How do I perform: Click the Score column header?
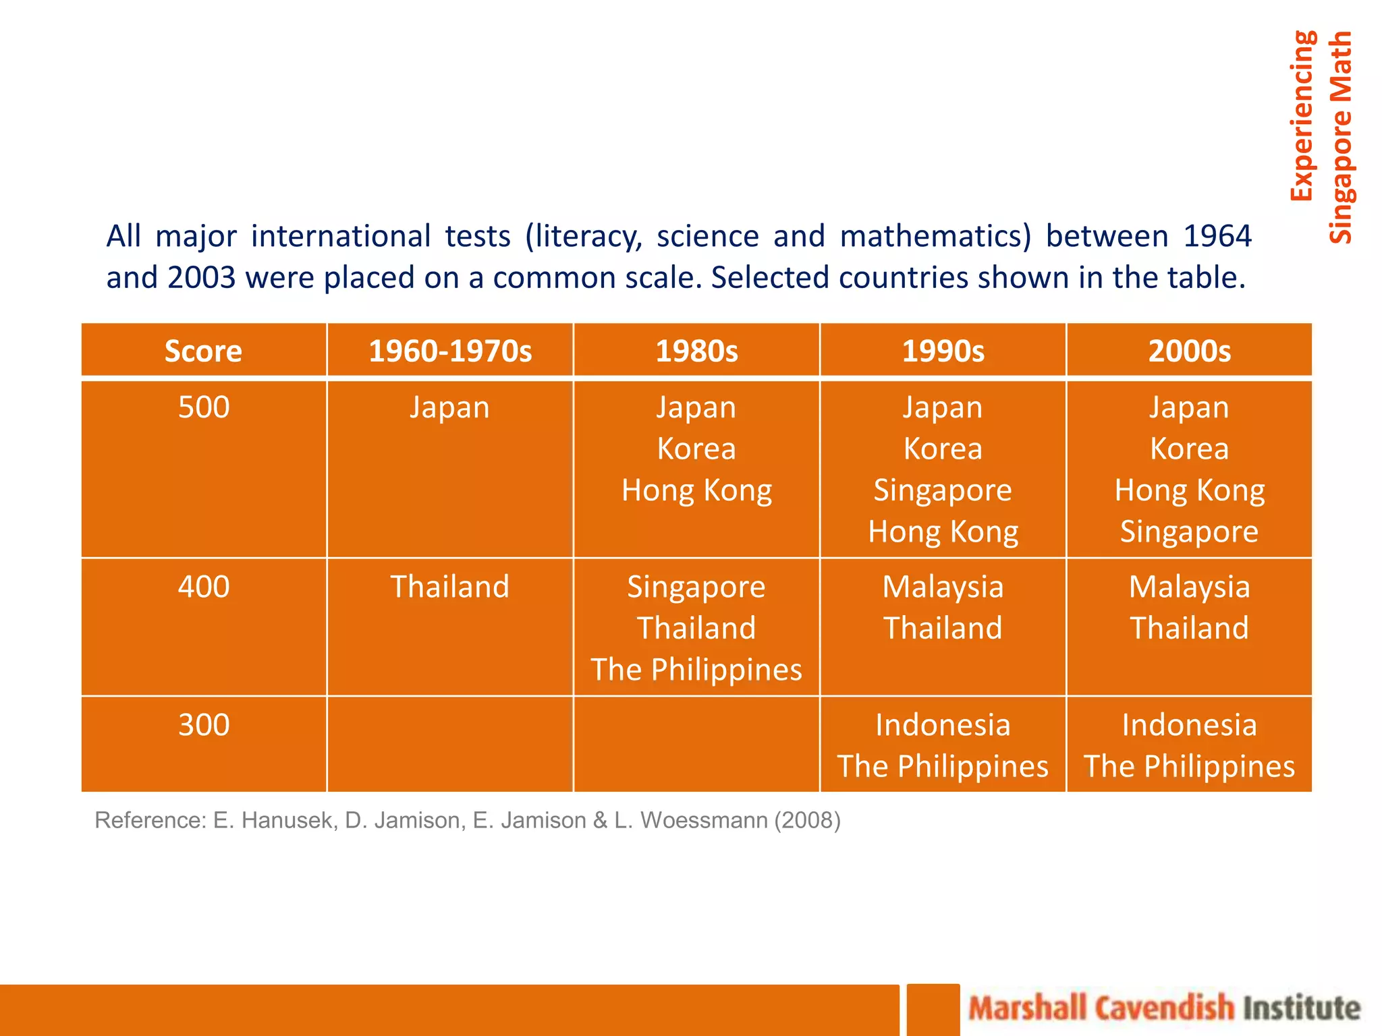(203, 351)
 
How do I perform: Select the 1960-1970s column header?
(450, 351)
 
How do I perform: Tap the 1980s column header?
(696, 351)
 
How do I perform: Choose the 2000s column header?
(1189, 351)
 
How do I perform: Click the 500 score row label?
(204, 407)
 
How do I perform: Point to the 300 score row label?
(204, 725)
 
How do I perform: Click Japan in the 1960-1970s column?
(449, 408)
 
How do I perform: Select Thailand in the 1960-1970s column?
(449, 587)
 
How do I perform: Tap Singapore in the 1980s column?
(696, 587)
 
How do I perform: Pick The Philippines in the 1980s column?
(696, 670)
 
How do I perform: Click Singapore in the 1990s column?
(943, 490)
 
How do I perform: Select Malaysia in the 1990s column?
(943, 587)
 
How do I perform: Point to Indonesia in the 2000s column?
(1189, 725)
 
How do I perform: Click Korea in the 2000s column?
(1189, 449)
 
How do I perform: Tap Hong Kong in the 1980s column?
(696, 490)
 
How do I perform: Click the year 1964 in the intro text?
(1217, 237)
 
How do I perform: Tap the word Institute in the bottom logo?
(1302, 1008)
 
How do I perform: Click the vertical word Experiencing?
(1302, 116)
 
